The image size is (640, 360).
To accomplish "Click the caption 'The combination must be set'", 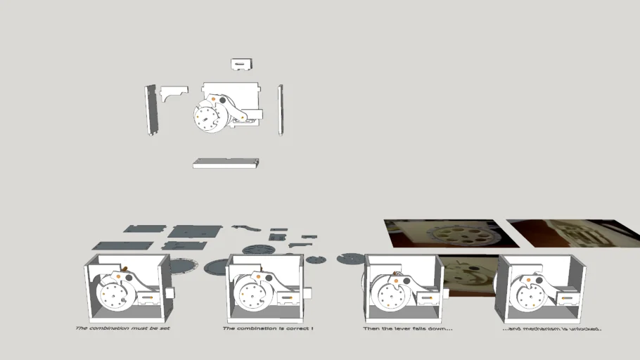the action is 122,328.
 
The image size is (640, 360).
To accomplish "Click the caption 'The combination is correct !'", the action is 268,328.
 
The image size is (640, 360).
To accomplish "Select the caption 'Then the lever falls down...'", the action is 408,328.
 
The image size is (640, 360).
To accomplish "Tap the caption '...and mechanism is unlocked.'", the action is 552,328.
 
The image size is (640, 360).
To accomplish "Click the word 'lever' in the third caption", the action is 401,328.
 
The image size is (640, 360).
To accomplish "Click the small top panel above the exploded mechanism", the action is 242,65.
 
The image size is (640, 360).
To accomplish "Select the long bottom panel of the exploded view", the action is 226,163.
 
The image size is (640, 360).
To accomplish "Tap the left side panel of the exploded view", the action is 151,110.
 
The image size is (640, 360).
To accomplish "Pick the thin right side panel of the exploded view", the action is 281,110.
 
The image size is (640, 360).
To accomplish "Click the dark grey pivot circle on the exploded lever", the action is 222,100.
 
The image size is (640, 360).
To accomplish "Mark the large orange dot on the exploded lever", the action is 213,99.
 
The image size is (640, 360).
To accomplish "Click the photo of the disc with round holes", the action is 452,233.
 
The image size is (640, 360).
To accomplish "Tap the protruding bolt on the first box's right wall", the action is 169,292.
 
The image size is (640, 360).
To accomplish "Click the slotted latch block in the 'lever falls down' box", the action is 427,299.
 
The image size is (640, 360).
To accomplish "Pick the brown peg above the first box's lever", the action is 124,269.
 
